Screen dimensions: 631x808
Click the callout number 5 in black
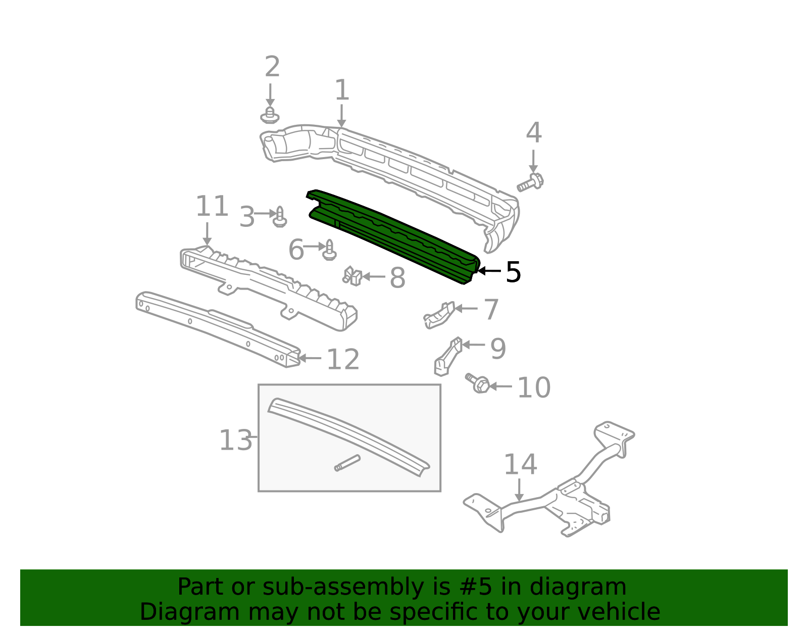click(513, 273)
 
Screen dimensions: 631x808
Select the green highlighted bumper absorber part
click(394, 232)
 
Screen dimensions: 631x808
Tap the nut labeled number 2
click(270, 116)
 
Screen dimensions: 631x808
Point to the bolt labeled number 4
click(530, 182)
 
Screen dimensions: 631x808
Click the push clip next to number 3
click(280, 217)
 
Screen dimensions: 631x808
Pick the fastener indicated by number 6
click(329, 250)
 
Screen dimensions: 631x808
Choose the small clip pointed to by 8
click(352, 276)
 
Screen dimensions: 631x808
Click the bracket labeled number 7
click(438, 315)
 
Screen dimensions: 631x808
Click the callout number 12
click(343, 359)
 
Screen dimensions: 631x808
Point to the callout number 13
click(235, 440)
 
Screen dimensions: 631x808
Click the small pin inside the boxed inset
click(347, 463)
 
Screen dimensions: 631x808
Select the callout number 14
click(520, 464)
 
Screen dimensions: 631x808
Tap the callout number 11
click(212, 207)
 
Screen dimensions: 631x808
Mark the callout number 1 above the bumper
click(342, 90)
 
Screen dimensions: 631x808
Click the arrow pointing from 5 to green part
click(489, 271)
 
